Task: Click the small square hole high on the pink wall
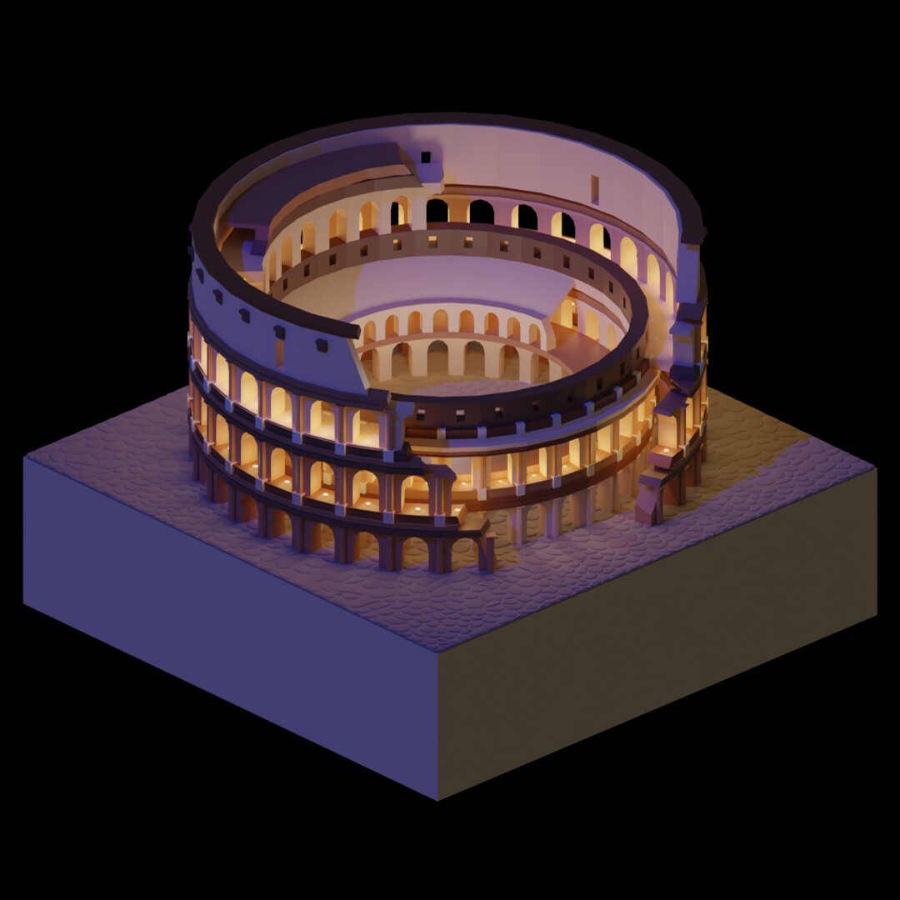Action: coord(426,156)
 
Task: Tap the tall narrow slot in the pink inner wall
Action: coord(594,188)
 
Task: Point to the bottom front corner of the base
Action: coord(439,798)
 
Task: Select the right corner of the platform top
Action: coord(875,469)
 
